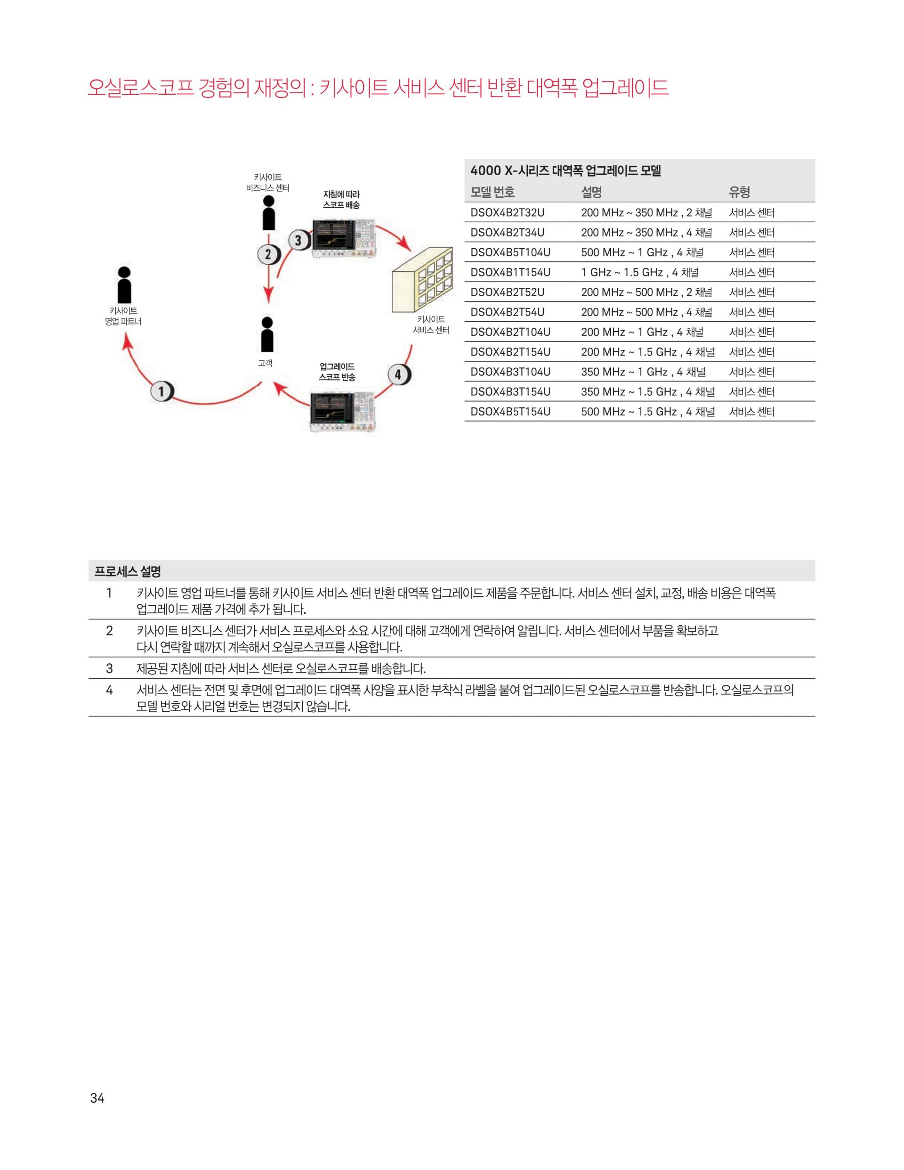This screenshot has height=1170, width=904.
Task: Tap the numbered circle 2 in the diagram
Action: click(268, 254)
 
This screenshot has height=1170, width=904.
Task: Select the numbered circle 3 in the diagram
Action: click(299, 240)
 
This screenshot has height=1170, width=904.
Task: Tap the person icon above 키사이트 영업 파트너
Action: click(124, 285)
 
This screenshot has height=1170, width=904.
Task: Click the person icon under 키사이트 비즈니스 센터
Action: click(269, 213)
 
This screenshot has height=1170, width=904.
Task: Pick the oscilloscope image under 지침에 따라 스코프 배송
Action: click(344, 238)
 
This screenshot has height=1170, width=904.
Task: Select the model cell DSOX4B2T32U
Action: click(507, 213)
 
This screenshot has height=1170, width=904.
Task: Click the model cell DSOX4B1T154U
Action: click(510, 272)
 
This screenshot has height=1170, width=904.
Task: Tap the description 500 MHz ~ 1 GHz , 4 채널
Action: click(642, 252)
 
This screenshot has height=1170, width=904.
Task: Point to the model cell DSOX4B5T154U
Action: click(510, 411)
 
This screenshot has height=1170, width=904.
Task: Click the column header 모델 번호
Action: click(492, 192)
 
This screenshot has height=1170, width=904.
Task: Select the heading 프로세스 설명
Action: click(128, 572)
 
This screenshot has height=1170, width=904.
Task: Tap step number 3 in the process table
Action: click(109, 668)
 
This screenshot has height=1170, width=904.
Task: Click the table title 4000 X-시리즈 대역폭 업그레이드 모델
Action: click(565, 171)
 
